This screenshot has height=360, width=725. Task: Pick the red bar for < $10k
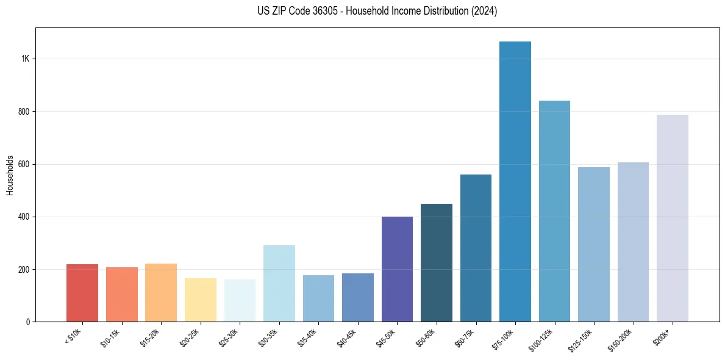[x=82, y=293]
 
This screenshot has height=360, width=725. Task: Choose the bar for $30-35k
[x=279, y=283]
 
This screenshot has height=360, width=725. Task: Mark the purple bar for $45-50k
[x=397, y=269]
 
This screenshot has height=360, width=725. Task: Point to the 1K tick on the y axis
[x=26, y=59]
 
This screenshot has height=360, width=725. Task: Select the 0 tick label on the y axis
[x=28, y=322]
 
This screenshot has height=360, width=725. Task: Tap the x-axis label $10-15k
[x=112, y=338]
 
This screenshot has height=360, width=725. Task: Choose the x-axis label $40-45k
[x=348, y=338]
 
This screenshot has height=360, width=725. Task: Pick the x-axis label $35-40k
[x=309, y=338]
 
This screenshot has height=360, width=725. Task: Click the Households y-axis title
[x=10, y=175]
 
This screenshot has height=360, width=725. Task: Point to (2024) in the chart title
[x=484, y=11]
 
